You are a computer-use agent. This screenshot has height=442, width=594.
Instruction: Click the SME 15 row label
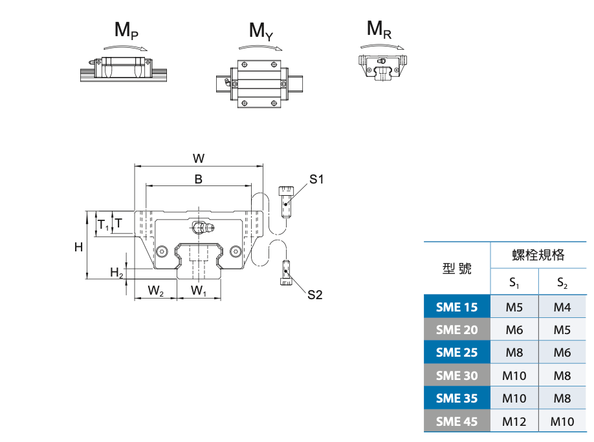pos(457,307)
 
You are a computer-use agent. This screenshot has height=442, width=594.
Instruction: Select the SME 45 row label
pos(457,421)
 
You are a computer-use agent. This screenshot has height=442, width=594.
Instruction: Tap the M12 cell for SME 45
pos(514,421)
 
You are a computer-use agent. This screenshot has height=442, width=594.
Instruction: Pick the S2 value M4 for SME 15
pos(562,307)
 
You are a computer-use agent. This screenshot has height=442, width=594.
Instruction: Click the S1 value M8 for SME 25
pos(514,352)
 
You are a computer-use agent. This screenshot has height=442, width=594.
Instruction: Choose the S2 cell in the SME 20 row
pos(562,330)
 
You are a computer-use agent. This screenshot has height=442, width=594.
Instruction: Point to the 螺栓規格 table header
pos(538,255)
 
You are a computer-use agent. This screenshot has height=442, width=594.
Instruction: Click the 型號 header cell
pos(457,268)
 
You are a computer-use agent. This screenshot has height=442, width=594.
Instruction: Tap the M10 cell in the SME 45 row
pos(562,421)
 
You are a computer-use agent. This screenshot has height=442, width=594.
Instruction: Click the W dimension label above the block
pos(199,158)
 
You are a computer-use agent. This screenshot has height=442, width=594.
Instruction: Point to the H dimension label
pos(78,246)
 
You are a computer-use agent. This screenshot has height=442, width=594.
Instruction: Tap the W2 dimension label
pos(155,291)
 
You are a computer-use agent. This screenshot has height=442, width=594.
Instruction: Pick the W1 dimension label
pos(199,291)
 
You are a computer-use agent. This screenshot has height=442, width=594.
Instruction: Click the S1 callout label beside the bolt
pos(316,179)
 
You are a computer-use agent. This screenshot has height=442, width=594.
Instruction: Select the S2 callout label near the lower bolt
pos(314,295)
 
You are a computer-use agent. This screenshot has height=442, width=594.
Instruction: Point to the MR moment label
pos(379,29)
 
